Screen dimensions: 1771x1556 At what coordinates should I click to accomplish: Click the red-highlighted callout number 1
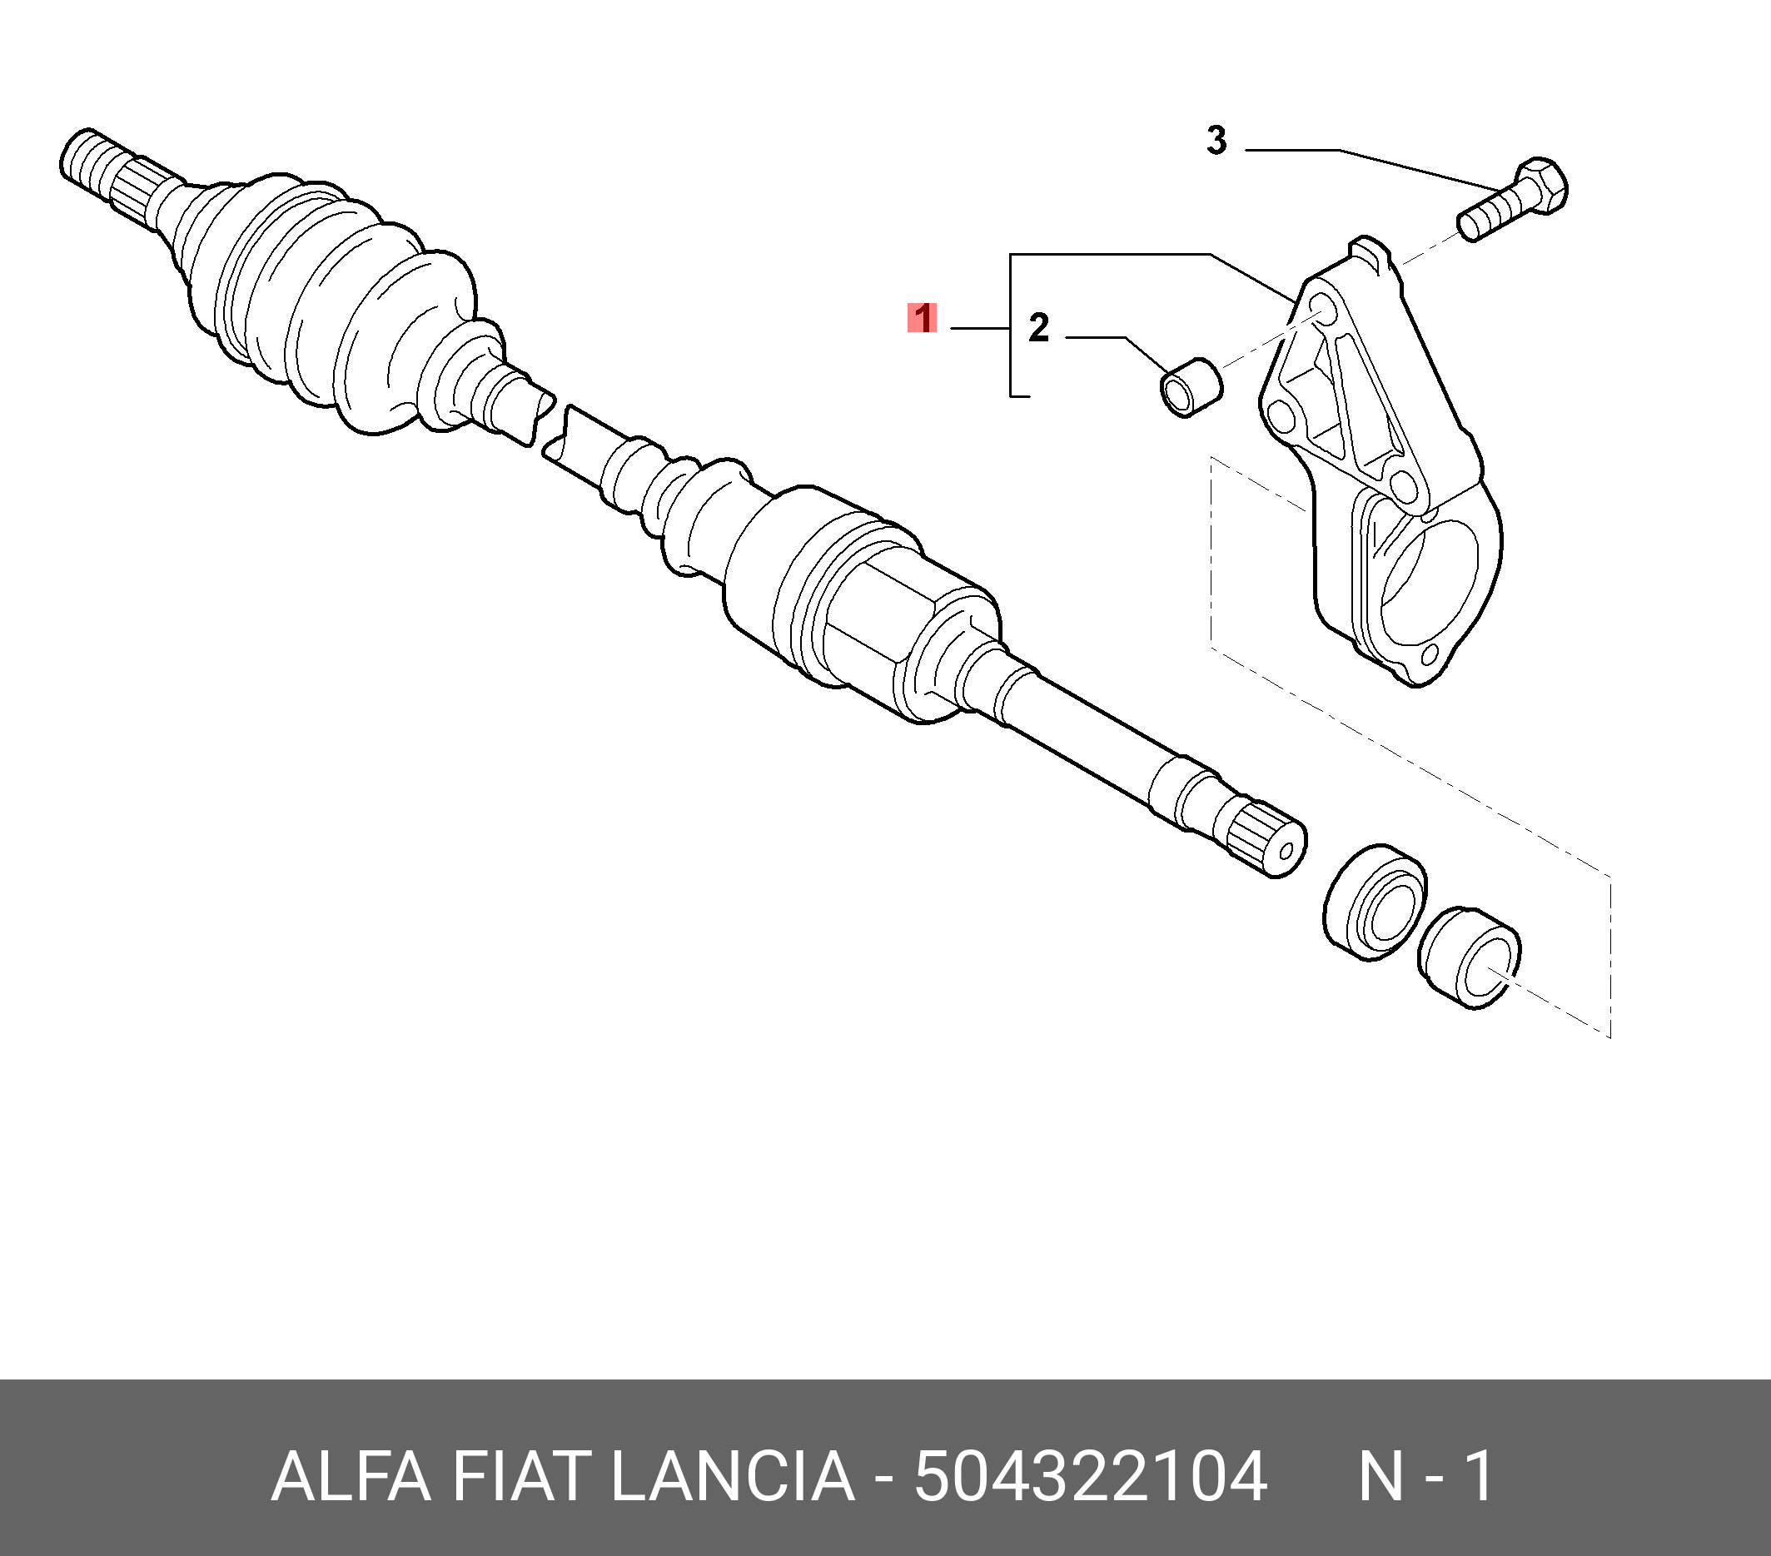pyautogui.click(x=922, y=318)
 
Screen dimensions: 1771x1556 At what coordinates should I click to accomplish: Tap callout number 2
pyautogui.click(x=1038, y=327)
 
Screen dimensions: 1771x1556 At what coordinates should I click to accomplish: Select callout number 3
pyautogui.click(x=1216, y=141)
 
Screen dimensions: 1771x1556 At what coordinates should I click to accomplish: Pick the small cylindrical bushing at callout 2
pyautogui.click(x=1191, y=386)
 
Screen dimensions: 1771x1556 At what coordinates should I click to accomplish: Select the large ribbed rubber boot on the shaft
pyautogui.click(x=329, y=303)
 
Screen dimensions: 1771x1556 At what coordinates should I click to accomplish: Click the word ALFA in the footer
pyautogui.click(x=351, y=1477)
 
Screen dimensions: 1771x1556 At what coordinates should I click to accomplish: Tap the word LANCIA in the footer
pyautogui.click(x=733, y=1477)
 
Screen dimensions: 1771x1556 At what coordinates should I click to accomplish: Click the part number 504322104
pyautogui.click(x=1091, y=1477)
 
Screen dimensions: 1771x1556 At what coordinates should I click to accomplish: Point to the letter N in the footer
pyautogui.click(x=1380, y=1477)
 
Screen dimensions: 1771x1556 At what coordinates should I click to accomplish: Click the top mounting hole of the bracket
pyautogui.click(x=1322, y=306)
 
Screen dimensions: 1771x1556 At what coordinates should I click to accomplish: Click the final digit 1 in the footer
pyautogui.click(x=1478, y=1477)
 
